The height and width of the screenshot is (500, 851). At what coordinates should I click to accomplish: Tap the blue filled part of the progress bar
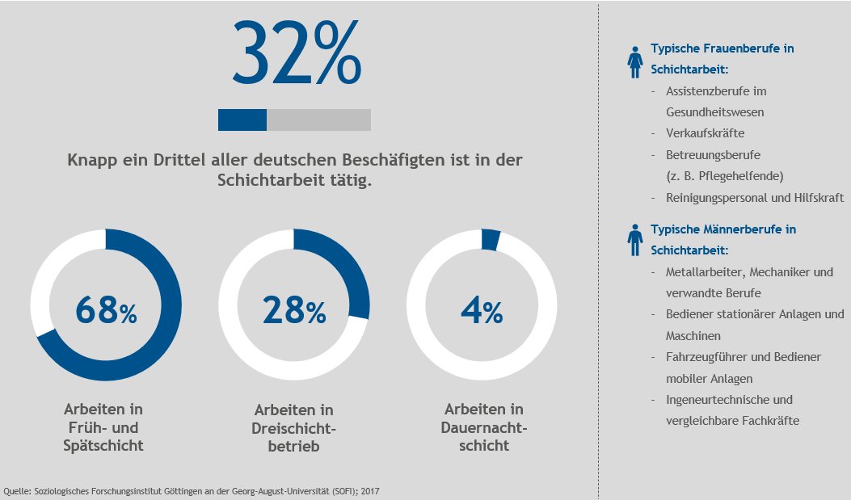click(242, 120)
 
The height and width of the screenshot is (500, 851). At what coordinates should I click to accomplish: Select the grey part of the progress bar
click(318, 120)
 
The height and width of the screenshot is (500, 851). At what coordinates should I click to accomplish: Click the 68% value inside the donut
click(106, 310)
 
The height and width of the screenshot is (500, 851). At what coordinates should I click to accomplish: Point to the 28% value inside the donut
click(294, 310)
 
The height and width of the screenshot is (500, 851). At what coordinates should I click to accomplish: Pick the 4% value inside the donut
click(482, 310)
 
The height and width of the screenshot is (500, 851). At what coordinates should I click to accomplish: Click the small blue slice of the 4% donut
click(491, 240)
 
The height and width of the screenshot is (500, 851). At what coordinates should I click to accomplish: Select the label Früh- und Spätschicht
click(103, 436)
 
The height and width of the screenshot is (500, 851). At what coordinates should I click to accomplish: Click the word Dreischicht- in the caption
click(294, 428)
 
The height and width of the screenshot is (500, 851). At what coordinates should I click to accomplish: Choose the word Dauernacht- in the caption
click(484, 427)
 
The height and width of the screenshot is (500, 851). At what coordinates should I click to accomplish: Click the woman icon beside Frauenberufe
click(636, 62)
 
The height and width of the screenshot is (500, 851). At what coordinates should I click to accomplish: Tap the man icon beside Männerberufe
click(636, 240)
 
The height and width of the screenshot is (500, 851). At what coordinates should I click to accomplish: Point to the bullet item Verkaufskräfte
click(705, 133)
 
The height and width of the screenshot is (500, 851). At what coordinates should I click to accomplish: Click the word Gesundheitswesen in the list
click(714, 112)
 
